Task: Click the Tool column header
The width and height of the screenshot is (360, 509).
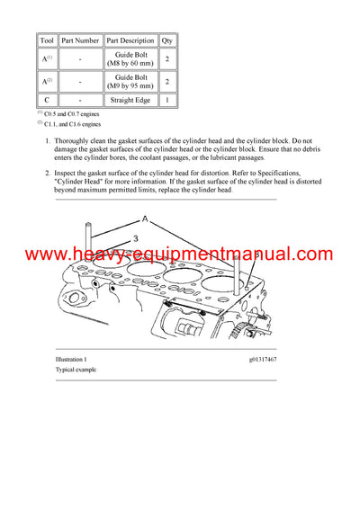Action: point(47,40)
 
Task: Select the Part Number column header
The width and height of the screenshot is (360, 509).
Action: point(80,40)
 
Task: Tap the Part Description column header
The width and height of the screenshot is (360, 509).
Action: point(130,40)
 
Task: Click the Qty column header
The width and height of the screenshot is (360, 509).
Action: point(166,40)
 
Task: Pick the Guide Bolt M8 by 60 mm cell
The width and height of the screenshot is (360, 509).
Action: point(130,58)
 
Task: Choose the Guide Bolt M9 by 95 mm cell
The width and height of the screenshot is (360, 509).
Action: point(130,83)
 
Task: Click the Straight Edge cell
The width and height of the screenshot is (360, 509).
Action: point(130,101)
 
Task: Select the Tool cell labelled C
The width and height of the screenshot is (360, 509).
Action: point(47,101)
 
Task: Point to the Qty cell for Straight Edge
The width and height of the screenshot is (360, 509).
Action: point(166,101)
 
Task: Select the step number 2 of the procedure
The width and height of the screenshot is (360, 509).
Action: point(47,173)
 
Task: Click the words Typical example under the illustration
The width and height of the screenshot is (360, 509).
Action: point(76,371)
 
